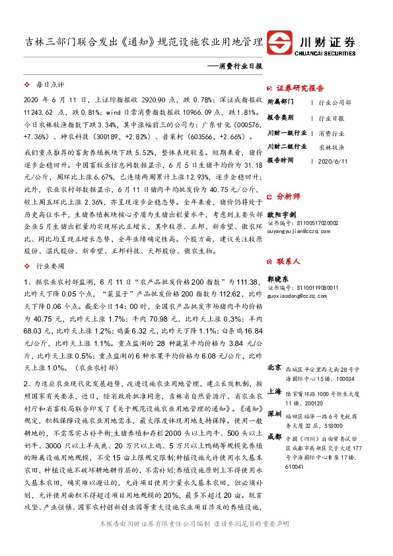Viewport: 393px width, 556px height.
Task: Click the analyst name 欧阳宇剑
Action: (x=280, y=215)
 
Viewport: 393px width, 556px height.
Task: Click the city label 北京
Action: (x=274, y=366)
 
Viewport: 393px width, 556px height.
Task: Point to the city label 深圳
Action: (x=274, y=413)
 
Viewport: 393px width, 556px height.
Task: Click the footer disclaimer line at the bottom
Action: (x=196, y=541)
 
